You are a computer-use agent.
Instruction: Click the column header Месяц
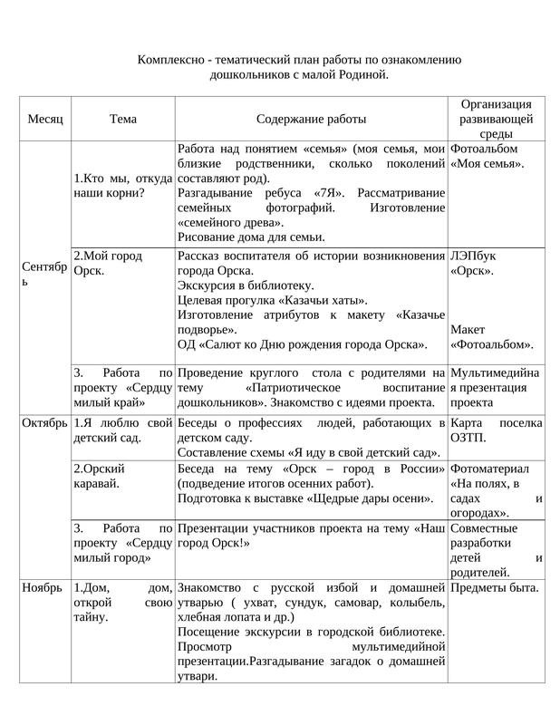(45, 119)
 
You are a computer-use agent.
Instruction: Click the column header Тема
(122, 119)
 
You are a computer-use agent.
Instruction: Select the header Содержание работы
(311, 119)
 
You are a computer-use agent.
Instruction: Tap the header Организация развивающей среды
(496, 119)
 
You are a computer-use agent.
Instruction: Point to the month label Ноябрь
(42, 587)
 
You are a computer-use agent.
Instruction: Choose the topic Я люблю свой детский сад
(122, 430)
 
